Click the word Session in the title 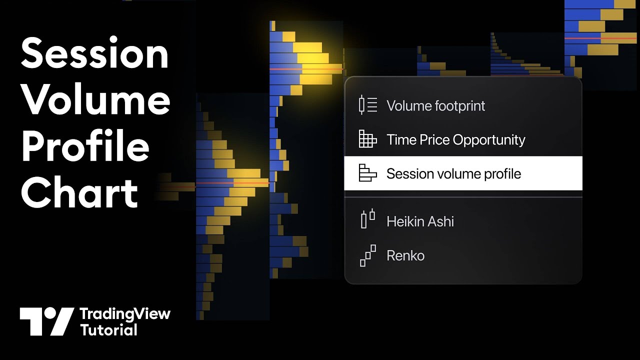(94, 54)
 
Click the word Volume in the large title (95, 100)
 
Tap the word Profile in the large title (85, 146)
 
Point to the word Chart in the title (79, 192)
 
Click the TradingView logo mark (46, 321)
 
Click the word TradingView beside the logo (125, 314)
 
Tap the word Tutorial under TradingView (108, 330)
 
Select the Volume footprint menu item (435, 106)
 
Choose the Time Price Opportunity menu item (455, 140)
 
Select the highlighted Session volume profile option (453, 174)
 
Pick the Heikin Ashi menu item (420, 221)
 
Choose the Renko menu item (405, 255)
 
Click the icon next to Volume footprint (367, 105)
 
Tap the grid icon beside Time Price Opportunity (367, 139)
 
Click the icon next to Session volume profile (367, 173)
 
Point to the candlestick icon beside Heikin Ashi (367, 219)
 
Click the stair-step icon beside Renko (367, 255)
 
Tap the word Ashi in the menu (440, 221)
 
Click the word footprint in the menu (460, 106)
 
